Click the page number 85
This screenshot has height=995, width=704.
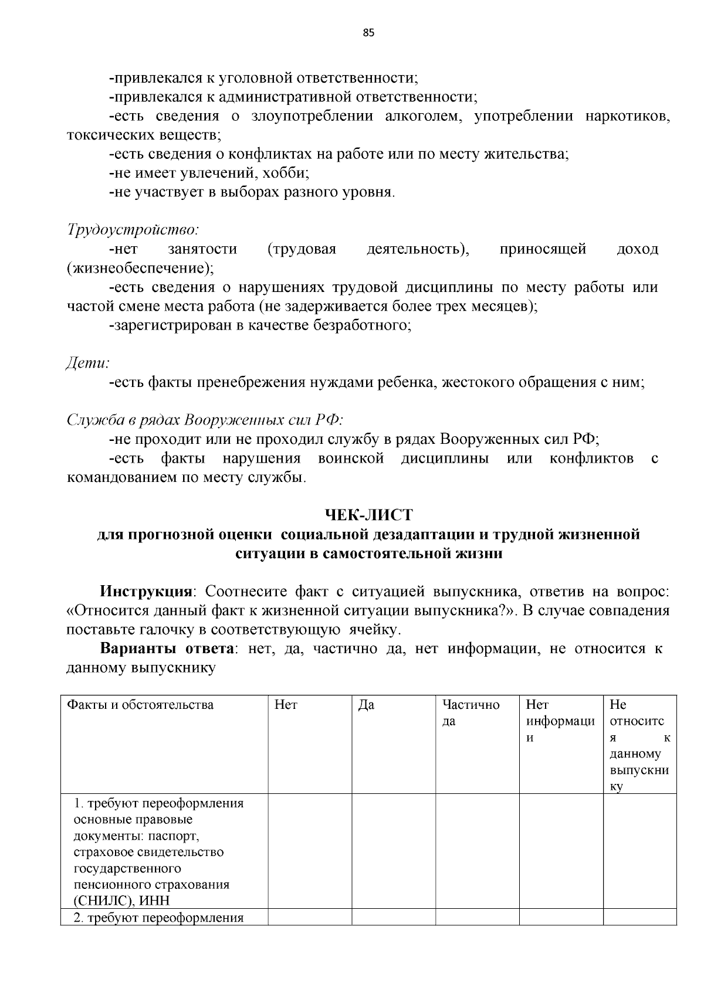point(368,32)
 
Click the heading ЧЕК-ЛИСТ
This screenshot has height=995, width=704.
point(368,515)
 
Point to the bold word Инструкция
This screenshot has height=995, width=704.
point(146,591)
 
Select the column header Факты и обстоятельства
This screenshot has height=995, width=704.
point(140,704)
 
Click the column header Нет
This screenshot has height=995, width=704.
point(286,704)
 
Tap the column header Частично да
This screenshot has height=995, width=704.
point(471,712)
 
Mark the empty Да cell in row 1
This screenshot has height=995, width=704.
point(394,851)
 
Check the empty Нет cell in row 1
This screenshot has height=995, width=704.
point(310,851)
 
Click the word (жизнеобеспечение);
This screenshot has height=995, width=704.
point(140,268)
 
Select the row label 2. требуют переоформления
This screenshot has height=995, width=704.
point(158,918)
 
